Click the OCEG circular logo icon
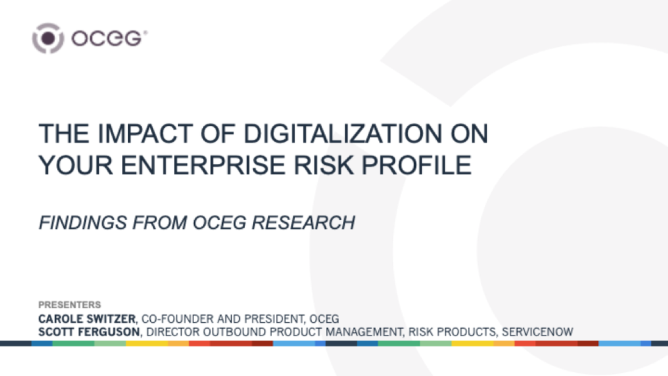click(x=48, y=38)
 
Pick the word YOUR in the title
click(x=72, y=165)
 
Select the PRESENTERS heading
click(x=69, y=305)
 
